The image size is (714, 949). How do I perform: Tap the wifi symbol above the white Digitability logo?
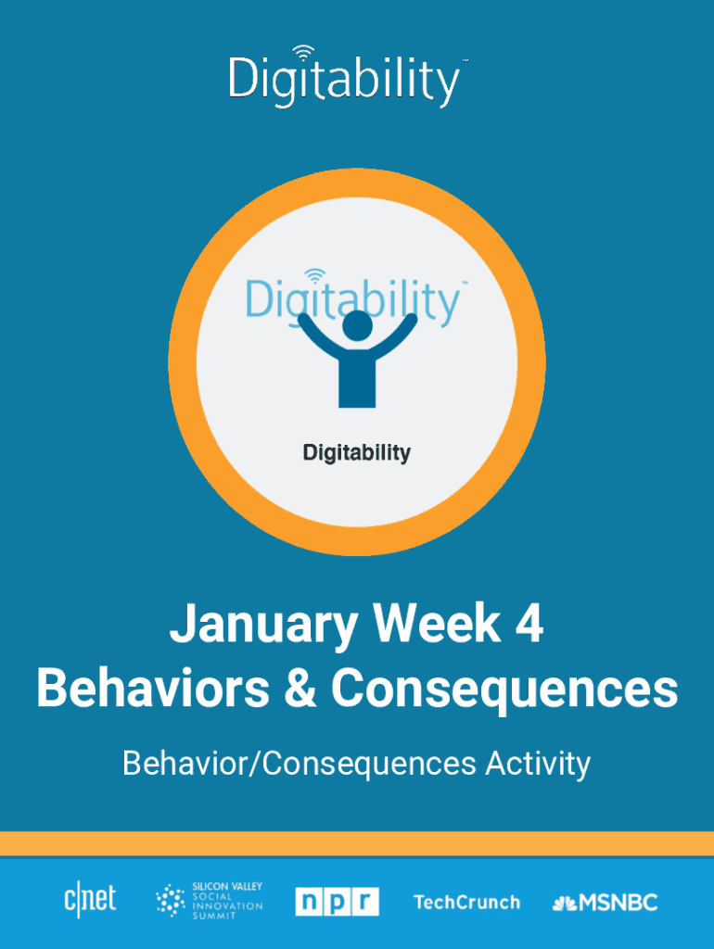coord(303,53)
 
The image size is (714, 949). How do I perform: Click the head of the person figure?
coord(357,325)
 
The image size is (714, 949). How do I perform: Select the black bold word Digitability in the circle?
coord(357,452)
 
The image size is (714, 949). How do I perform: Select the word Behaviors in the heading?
coord(153,689)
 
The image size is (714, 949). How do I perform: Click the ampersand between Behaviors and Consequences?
coord(300,689)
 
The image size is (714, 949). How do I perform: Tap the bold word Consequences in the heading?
coord(504,690)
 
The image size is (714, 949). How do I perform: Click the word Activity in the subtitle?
coord(538,764)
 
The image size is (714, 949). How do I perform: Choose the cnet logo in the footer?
coord(90,900)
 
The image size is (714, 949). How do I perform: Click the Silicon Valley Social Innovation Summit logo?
coord(210,901)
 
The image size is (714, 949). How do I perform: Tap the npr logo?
coord(337,902)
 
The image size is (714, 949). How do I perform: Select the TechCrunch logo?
coord(467,903)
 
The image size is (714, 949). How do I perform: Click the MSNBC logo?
coord(605,903)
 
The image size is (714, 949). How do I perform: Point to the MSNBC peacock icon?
coord(565,904)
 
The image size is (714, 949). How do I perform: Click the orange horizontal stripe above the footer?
coord(357,843)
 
